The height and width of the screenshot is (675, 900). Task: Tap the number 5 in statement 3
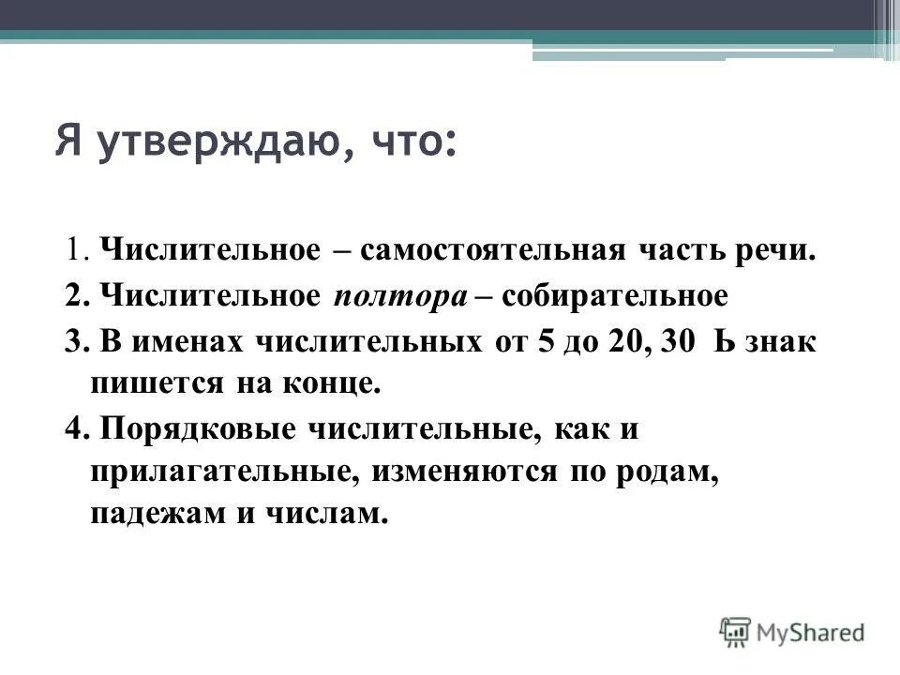click(x=546, y=342)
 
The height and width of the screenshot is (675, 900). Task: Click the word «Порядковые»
click(x=191, y=429)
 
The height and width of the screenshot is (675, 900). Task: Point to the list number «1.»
click(x=76, y=252)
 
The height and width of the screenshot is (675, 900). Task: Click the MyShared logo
click(x=793, y=632)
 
